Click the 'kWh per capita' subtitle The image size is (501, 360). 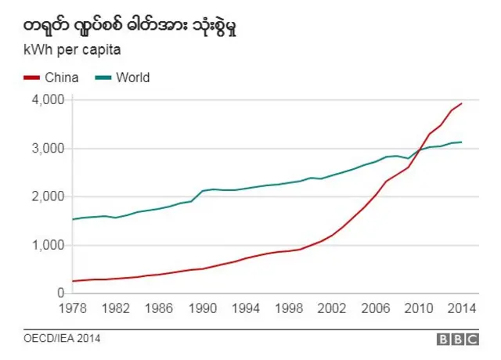[x=69, y=52]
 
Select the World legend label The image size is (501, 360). [x=132, y=77]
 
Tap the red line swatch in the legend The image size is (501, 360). [x=34, y=77]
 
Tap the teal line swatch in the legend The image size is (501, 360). [x=103, y=77]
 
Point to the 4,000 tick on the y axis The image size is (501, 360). [x=48, y=100]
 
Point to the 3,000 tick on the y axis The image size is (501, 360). [x=48, y=149]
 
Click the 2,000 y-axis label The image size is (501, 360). [x=48, y=196]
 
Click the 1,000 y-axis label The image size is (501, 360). [x=48, y=245]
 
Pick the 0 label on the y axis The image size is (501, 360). [x=60, y=293]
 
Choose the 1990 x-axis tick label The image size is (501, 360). [x=202, y=308]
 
